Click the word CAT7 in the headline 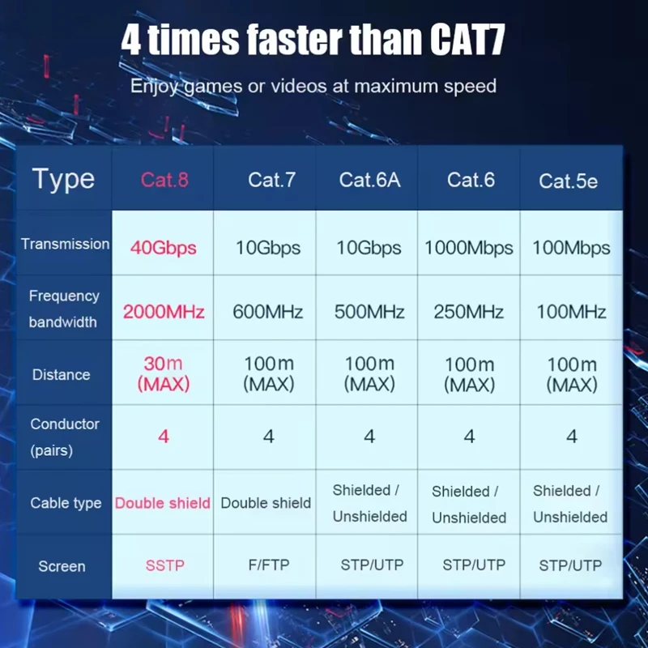[467, 39]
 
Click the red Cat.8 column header [164, 180]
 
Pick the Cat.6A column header [369, 180]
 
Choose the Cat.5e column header [568, 181]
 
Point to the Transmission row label [66, 244]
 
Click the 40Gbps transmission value [164, 248]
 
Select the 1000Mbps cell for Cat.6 [469, 248]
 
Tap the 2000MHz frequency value [164, 312]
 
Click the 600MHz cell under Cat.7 [268, 312]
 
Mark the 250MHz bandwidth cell [469, 312]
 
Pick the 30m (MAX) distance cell [164, 374]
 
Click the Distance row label [62, 374]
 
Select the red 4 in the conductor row [164, 437]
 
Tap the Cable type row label [66, 503]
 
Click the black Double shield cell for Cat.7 [266, 503]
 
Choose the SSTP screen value [165, 565]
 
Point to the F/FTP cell [269, 565]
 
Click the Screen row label [62, 566]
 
